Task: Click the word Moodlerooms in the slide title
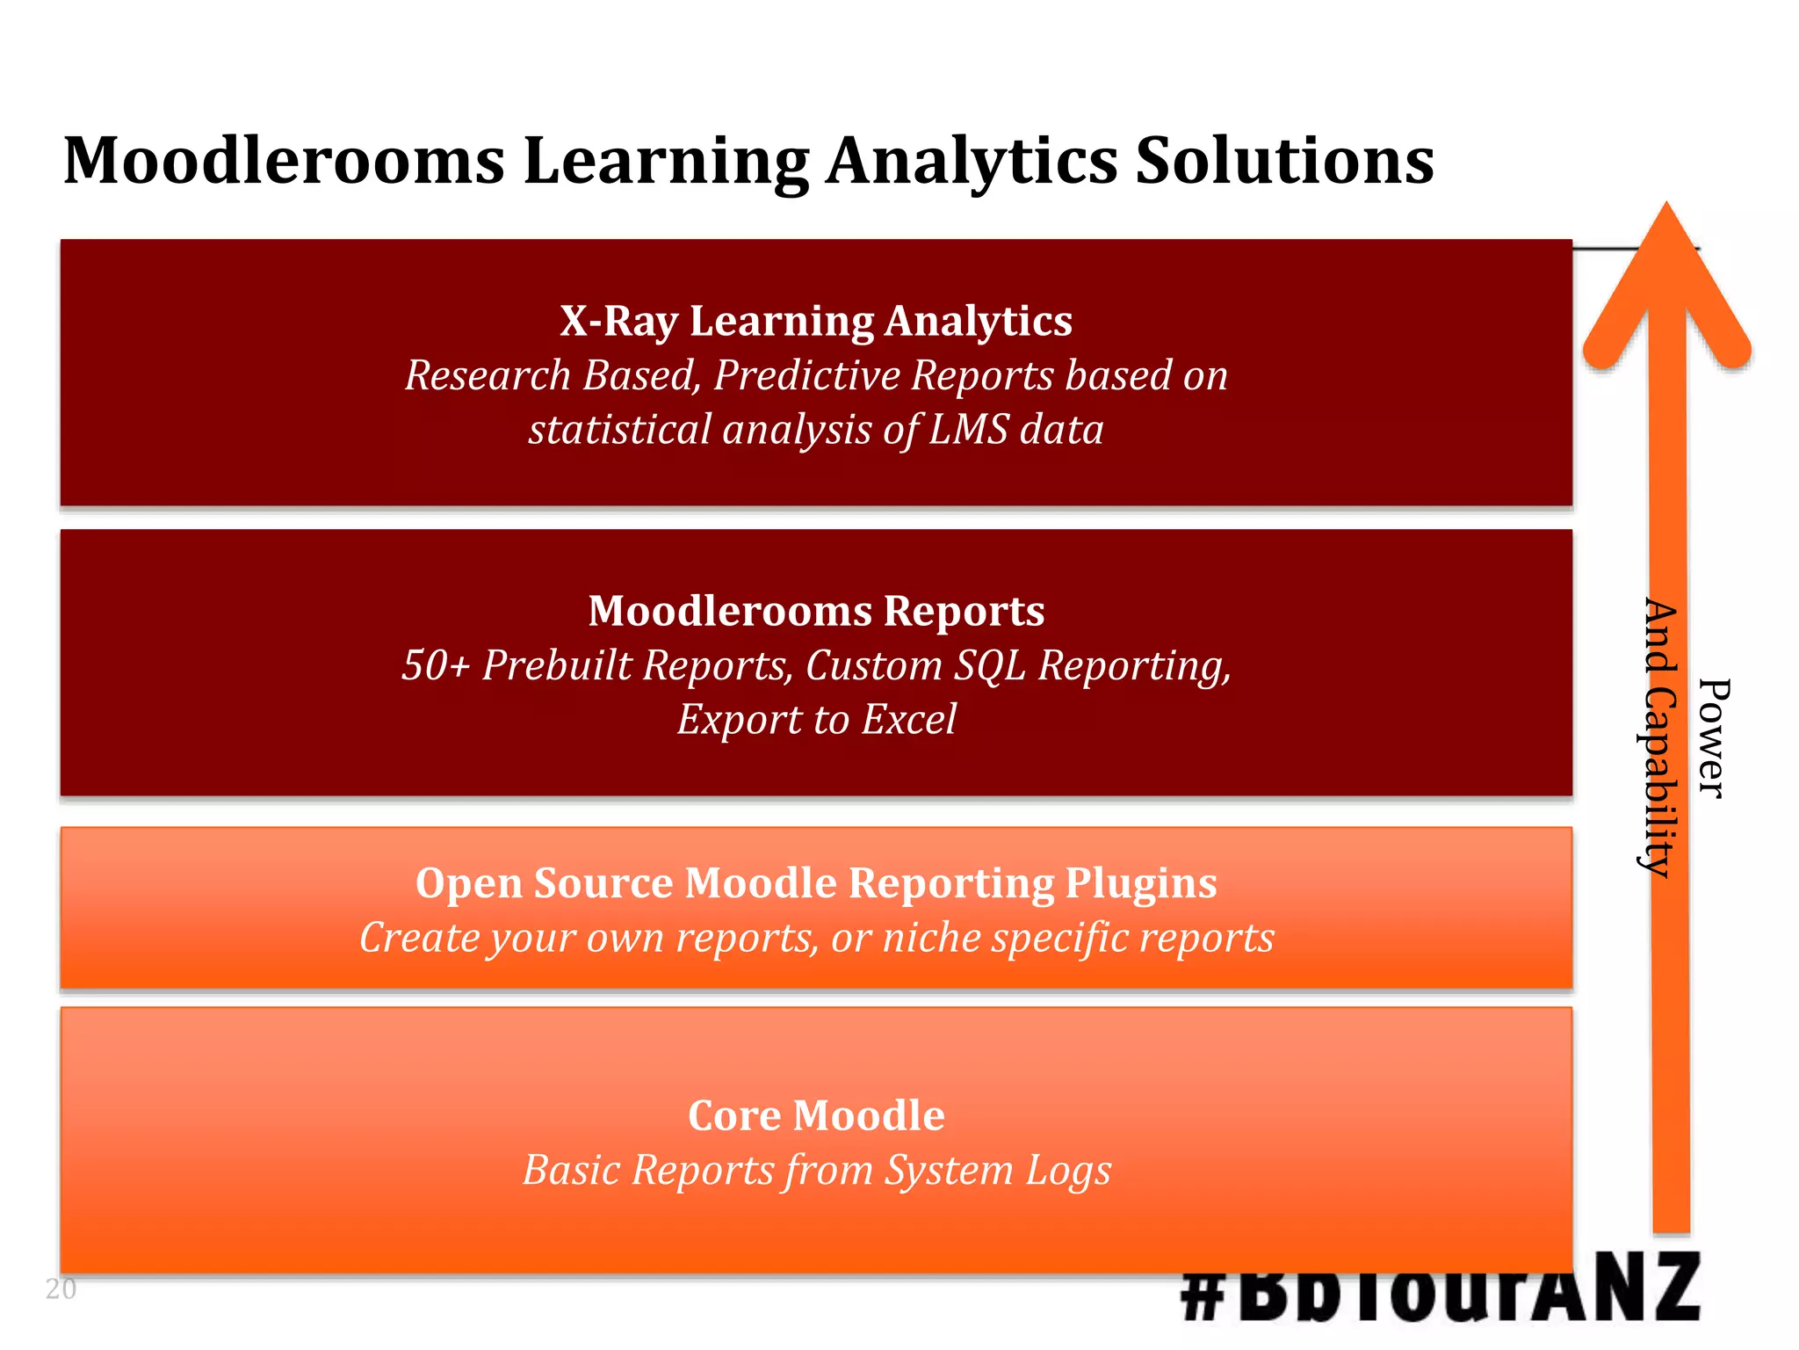pos(284,162)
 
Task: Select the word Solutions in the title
pos(1284,162)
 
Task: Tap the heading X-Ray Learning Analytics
pos(816,321)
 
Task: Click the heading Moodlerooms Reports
pos(816,611)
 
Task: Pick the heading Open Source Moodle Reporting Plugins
pos(816,883)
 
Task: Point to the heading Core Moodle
pos(816,1116)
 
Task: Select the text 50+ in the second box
pos(435,665)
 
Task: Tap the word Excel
pos(908,720)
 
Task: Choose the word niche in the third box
pos(930,938)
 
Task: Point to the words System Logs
pos(997,1171)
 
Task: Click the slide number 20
pos(61,1289)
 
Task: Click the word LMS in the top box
pos(969,431)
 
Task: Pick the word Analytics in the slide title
pos(972,162)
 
